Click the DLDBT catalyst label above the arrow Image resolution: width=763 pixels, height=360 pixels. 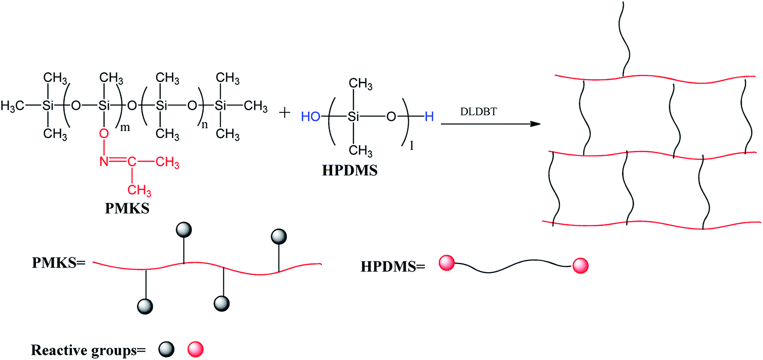[x=478, y=112]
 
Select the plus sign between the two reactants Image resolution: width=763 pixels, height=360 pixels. [x=285, y=113]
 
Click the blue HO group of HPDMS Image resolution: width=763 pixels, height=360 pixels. [x=310, y=117]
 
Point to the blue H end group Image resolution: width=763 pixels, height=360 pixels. [x=429, y=117]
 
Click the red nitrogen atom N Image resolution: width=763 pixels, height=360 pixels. [x=104, y=162]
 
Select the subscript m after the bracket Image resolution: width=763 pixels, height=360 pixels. [x=125, y=128]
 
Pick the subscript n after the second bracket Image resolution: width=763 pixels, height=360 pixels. [x=204, y=125]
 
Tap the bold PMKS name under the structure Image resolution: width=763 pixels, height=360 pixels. [x=127, y=208]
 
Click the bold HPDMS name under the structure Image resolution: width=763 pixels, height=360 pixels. [x=350, y=170]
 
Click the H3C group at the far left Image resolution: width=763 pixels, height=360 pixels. [x=12, y=106]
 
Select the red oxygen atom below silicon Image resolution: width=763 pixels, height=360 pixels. [x=104, y=134]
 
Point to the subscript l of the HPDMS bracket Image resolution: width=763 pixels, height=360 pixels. [x=411, y=146]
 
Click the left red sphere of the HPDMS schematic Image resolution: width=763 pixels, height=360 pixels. [x=447, y=263]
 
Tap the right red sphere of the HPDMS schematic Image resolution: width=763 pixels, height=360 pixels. [x=580, y=265]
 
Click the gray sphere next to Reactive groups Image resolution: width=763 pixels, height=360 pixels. [x=166, y=349]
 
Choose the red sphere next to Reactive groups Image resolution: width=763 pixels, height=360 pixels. [x=196, y=349]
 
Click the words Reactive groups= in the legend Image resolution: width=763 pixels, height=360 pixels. [x=88, y=350]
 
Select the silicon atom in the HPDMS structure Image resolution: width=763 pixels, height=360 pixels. [x=353, y=117]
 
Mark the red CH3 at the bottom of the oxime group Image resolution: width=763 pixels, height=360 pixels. [x=139, y=191]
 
